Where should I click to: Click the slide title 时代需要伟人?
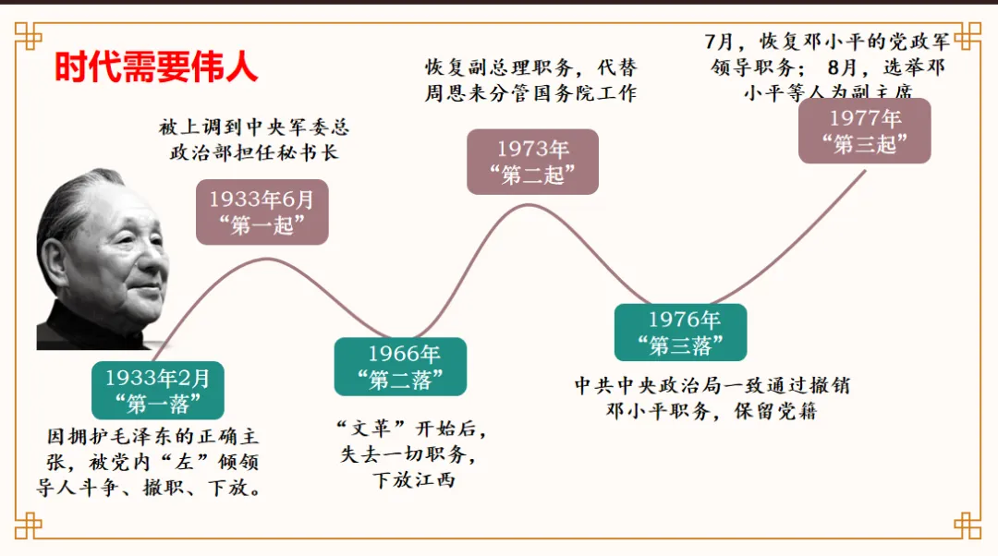[155, 66]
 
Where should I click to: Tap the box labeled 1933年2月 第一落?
[158, 391]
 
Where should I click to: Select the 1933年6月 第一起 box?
[262, 212]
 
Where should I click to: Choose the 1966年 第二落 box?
[400, 367]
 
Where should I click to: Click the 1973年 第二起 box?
[532, 162]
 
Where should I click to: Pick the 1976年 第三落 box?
[680, 332]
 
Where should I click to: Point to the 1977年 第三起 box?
[864, 131]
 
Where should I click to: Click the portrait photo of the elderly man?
[102, 263]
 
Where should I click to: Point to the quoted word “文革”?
[371, 429]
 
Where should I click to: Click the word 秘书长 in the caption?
[310, 151]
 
